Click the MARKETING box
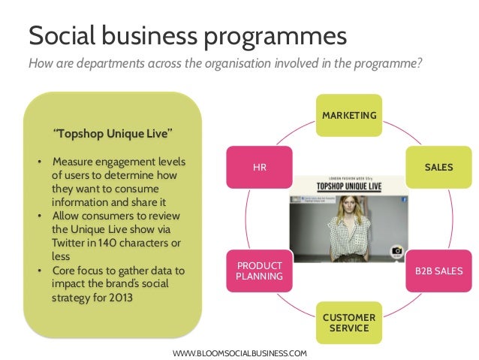point(349,114)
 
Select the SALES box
point(438,167)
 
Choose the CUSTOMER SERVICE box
point(349,323)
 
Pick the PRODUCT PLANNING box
point(259,271)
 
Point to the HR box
point(260,167)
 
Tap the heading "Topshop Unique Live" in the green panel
point(113,134)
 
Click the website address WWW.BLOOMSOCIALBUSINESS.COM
point(239,352)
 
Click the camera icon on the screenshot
point(396,253)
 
